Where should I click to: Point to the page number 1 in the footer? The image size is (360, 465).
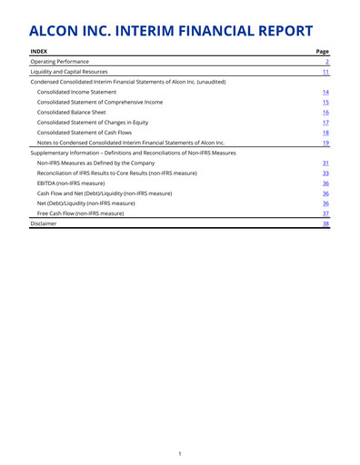click(x=180, y=451)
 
